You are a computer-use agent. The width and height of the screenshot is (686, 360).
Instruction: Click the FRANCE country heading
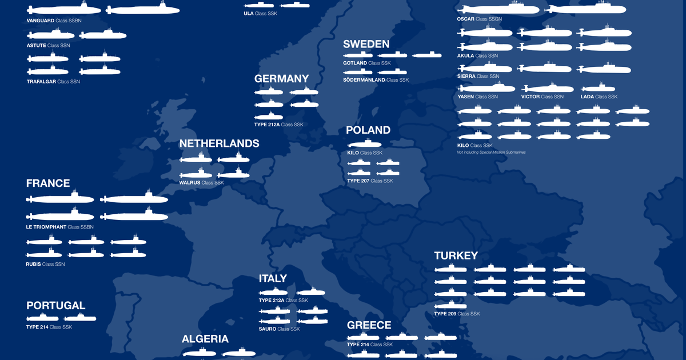[x=48, y=183]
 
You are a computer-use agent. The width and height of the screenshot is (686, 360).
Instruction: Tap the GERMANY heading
[x=281, y=79]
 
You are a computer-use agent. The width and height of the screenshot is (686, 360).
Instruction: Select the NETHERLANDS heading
[x=219, y=143]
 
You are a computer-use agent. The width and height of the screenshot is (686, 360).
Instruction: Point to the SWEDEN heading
[x=366, y=45]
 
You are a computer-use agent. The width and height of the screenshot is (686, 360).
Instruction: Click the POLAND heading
[x=368, y=130]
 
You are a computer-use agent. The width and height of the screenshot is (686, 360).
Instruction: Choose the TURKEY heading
[x=456, y=255]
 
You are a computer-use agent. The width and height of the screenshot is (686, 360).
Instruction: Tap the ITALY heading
[x=273, y=279]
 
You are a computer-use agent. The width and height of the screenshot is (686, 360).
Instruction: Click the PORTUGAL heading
[x=55, y=306]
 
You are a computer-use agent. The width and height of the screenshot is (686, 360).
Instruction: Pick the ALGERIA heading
[x=205, y=339]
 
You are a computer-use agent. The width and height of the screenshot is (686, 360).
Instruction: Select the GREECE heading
[x=369, y=325]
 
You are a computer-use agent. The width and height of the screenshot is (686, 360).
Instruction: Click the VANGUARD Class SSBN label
[x=55, y=21]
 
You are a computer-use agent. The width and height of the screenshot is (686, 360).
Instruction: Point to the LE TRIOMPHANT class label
[x=59, y=227]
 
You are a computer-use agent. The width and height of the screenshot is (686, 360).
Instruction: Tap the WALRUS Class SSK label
[x=202, y=183]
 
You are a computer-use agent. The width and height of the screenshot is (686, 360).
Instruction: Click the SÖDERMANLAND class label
[x=376, y=80]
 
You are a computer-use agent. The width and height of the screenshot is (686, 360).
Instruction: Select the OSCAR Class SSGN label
[x=480, y=19]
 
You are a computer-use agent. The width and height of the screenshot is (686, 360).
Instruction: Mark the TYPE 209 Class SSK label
[x=457, y=314]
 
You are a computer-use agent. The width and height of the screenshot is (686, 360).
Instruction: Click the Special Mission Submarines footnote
[x=491, y=153]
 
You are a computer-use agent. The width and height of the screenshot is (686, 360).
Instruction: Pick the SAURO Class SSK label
[x=279, y=329]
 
